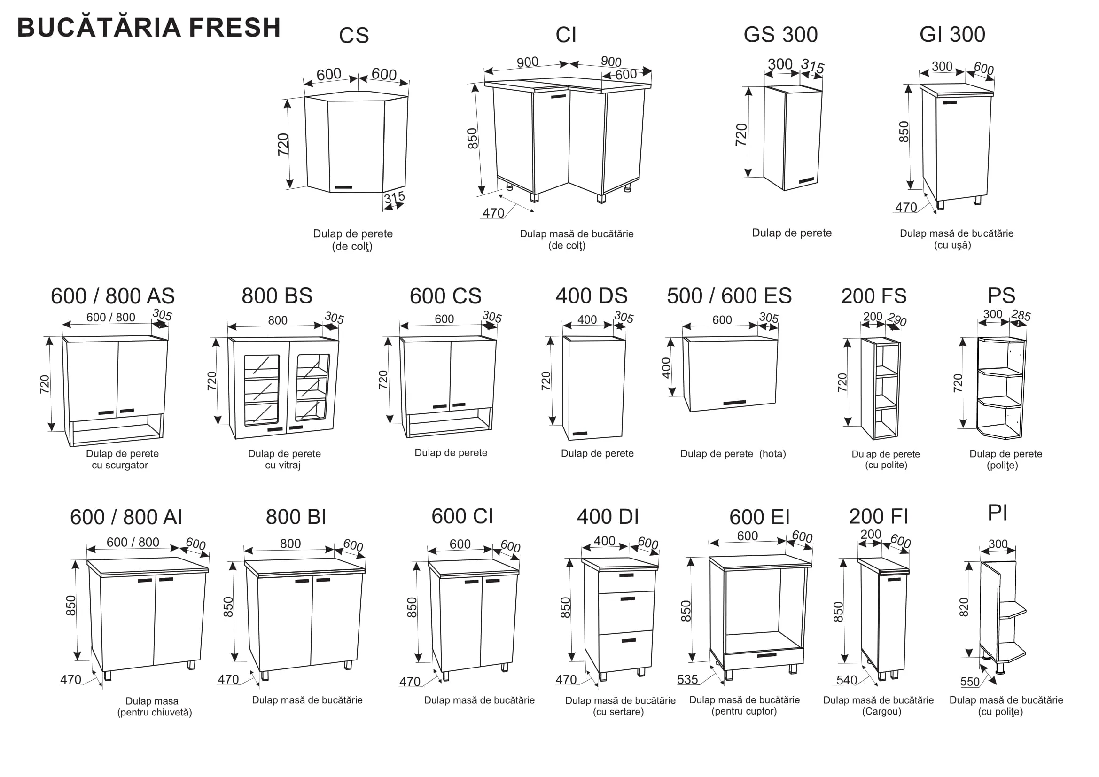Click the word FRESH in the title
[x=234, y=27]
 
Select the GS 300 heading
[x=781, y=34]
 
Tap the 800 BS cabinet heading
[x=277, y=295]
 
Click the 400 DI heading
[x=608, y=517]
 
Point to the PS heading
[x=1001, y=295]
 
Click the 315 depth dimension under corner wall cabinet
[x=394, y=197]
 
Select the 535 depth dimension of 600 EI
[x=687, y=679]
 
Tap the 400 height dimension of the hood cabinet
[x=666, y=368]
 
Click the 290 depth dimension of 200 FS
[x=896, y=319]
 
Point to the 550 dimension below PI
[x=970, y=682]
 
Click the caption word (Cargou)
[x=881, y=711]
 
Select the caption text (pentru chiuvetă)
[x=155, y=713]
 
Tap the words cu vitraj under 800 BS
[x=282, y=465]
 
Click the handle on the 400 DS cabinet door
[x=580, y=434]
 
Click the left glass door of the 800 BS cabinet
[x=261, y=390]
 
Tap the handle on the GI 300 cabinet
[x=950, y=102]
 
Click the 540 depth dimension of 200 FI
[x=847, y=680]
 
